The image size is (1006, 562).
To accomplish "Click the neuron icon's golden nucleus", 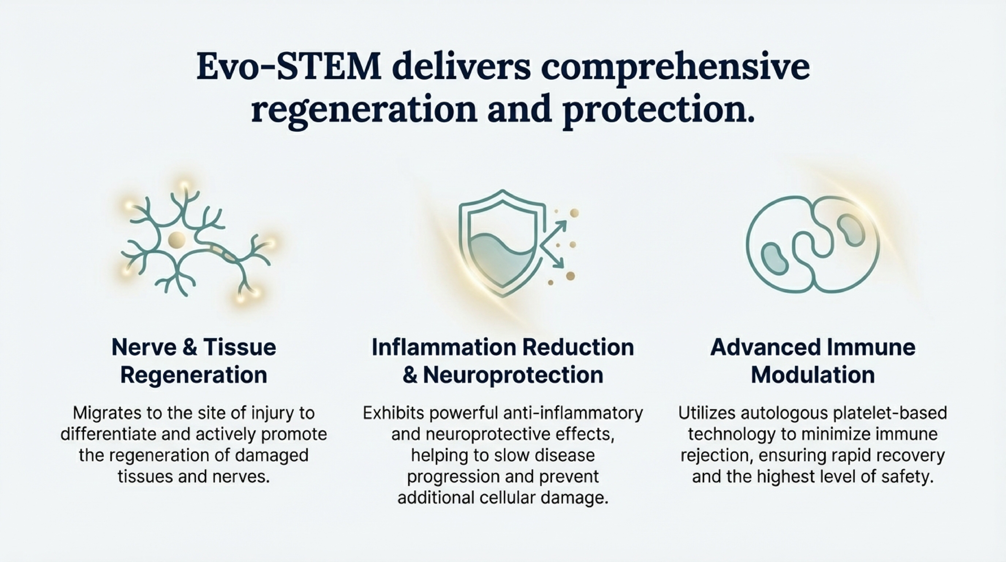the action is coord(176,239).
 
